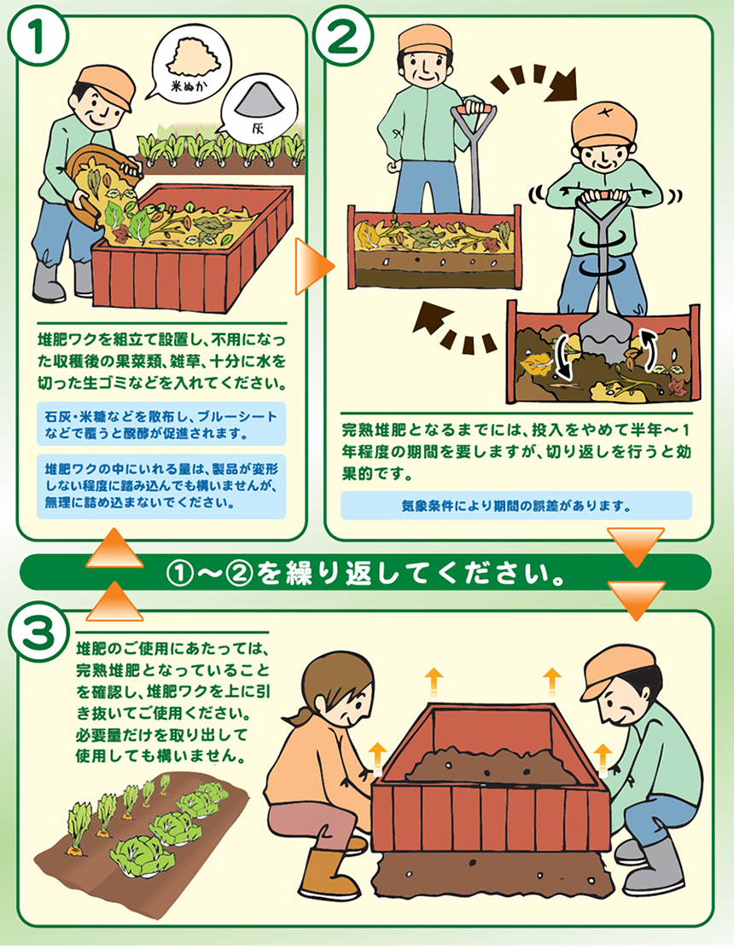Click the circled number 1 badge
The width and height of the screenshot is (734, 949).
38,36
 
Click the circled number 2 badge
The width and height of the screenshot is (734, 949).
341,36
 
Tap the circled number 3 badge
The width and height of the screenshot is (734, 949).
38,634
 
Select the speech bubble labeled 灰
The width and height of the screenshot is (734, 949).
259,107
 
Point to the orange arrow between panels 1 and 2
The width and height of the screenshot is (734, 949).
313,266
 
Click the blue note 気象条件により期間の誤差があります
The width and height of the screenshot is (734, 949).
516,506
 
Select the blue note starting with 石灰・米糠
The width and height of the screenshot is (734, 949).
161,425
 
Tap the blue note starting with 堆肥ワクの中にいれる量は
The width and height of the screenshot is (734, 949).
161,486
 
